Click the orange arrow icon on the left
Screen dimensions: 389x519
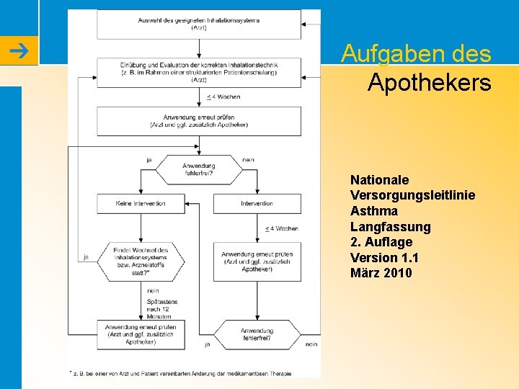pyautogui.click(x=19, y=50)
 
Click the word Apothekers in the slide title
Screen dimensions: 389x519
pyautogui.click(x=429, y=83)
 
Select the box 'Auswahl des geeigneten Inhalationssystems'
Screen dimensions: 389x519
pyautogui.click(x=199, y=24)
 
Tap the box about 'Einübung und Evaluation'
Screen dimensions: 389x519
pyautogui.click(x=199, y=72)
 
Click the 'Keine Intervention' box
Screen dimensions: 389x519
pyautogui.click(x=141, y=203)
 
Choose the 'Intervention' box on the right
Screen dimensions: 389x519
pyautogui.click(x=257, y=203)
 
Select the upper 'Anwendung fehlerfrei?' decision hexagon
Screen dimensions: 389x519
pyautogui.click(x=199, y=169)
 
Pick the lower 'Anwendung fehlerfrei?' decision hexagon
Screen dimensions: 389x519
pyautogui.click(x=257, y=334)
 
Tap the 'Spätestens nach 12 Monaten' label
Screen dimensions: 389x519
pyautogui.click(x=159, y=309)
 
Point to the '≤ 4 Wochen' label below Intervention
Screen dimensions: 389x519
pyautogui.click(x=281, y=228)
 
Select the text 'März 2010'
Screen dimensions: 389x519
pyautogui.click(x=381, y=273)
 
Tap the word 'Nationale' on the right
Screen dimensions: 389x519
pyautogui.click(x=379, y=179)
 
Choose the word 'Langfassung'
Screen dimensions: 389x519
pyautogui.click(x=390, y=226)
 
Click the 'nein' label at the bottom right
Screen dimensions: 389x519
pyautogui.click(x=311, y=345)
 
